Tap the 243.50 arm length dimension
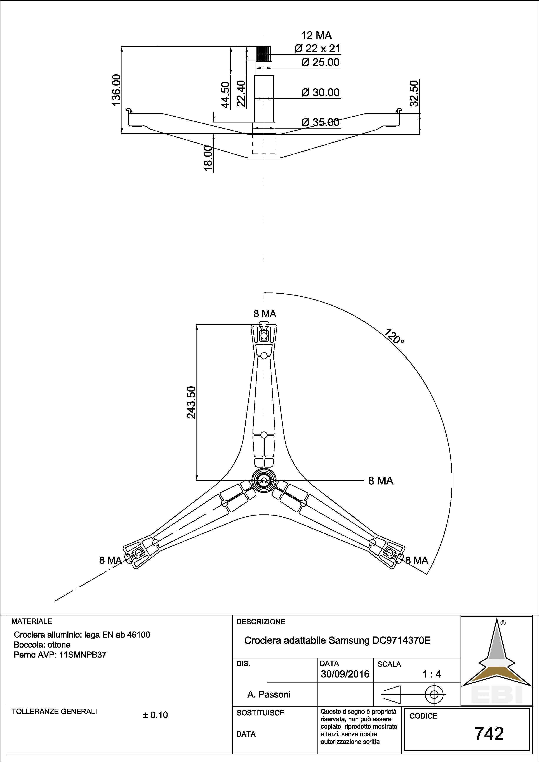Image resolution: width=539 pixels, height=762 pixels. click(x=191, y=402)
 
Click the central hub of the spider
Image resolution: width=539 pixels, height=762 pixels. click(x=264, y=480)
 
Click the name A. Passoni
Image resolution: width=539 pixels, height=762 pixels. click(x=269, y=694)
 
